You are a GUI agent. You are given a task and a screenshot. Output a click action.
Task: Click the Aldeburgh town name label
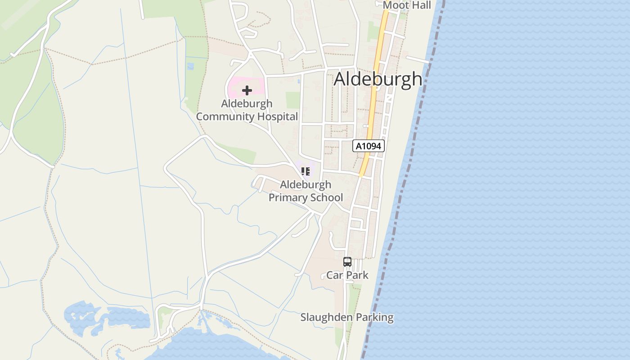click(378, 79)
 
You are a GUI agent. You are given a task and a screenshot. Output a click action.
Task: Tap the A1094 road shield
click(369, 146)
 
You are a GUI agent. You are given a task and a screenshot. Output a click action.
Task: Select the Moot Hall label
click(407, 5)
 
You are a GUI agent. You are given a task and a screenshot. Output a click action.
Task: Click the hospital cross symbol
click(247, 90)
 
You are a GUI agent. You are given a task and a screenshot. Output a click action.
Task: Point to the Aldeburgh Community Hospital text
click(247, 110)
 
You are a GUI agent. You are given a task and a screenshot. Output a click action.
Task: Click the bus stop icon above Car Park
click(347, 262)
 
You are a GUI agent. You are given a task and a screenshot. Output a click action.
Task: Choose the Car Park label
click(347, 275)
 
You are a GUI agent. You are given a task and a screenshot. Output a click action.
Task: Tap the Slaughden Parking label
click(347, 317)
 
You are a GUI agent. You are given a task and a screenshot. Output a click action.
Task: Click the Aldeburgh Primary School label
click(306, 191)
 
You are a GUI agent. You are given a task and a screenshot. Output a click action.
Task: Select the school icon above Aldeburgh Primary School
click(306, 171)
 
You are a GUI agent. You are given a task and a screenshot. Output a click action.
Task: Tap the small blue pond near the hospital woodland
click(190, 66)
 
